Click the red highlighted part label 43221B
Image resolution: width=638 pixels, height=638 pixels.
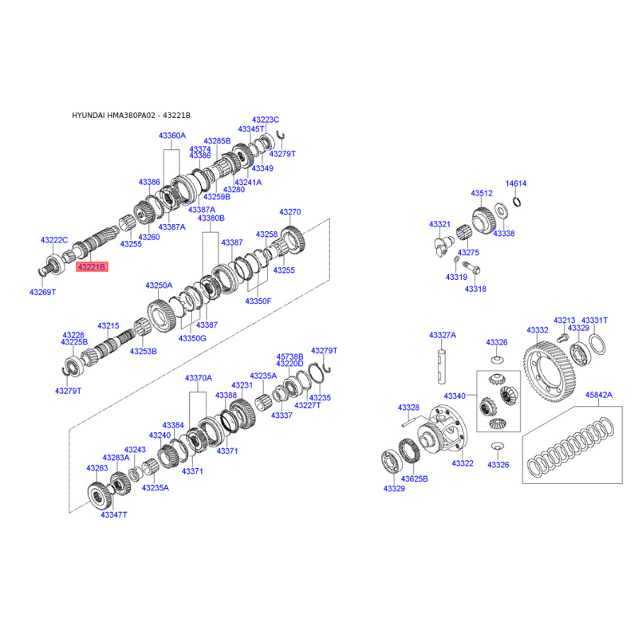(x=92, y=267)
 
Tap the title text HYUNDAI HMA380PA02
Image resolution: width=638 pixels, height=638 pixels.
(x=113, y=115)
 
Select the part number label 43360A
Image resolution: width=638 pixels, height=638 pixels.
(x=172, y=136)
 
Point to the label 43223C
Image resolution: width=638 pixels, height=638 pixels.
(x=266, y=120)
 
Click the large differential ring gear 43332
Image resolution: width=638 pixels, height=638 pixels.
(x=549, y=372)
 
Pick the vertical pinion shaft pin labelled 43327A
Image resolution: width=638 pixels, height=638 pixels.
(x=442, y=366)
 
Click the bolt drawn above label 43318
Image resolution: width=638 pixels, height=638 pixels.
(x=471, y=268)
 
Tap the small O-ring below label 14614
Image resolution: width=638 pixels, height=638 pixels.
(x=517, y=201)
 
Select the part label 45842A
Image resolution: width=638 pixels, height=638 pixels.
(x=599, y=395)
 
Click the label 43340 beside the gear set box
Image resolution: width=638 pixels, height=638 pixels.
(x=455, y=396)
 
